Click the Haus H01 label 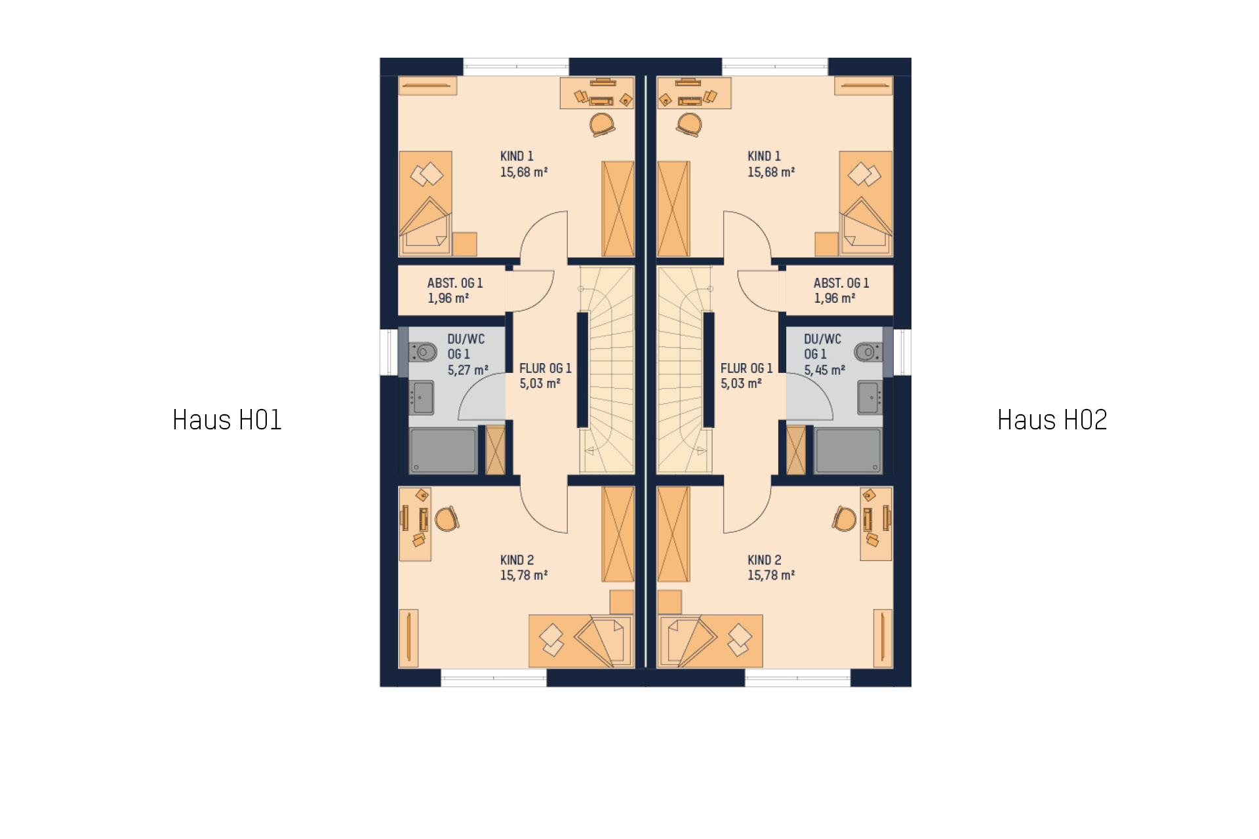tap(227, 420)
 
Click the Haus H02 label tap(1052, 420)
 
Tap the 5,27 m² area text tap(468, 370)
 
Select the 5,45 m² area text tap(824, 370)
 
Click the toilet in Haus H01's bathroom tap(423, 352)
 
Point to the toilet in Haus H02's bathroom tap(868, 352)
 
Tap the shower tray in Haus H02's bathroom tap(848, 451)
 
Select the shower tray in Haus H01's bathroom tap(443, 451)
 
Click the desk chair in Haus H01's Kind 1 tap(602, 125)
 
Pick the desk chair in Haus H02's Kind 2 tap(845, 518)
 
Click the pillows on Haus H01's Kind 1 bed tap(427, 174)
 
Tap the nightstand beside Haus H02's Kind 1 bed tap(826, 244)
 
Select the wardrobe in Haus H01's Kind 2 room tap(618, 534)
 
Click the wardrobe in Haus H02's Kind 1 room tap(673, 208)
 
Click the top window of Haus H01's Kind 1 tap(516, 66)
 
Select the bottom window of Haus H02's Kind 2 tap(797, 678)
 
